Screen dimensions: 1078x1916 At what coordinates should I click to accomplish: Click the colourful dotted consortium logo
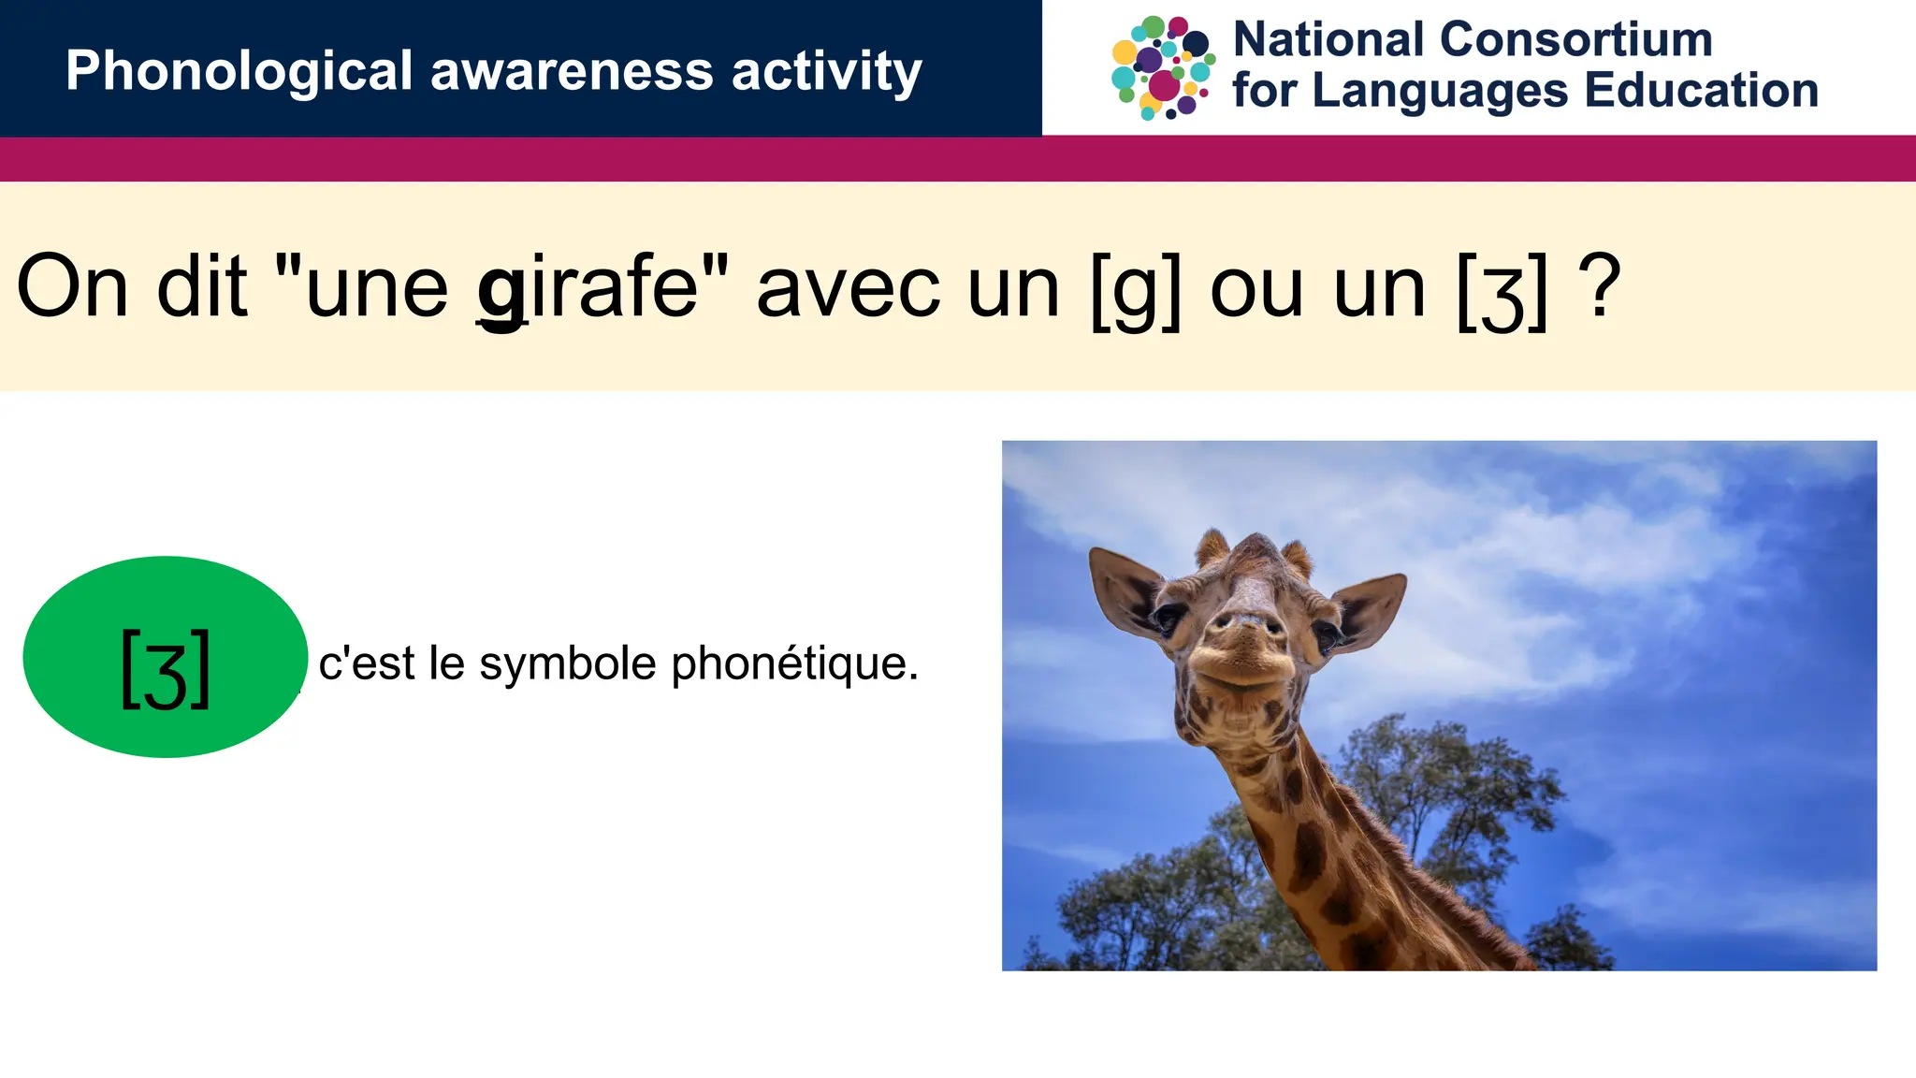(1163, 67)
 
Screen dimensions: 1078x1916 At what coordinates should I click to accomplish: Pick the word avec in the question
(848, 288)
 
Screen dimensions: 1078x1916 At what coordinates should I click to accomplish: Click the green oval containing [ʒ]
(166, 657)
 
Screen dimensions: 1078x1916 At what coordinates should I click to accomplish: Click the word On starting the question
(72, 286)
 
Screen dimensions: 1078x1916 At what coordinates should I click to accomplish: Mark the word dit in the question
(202, 286)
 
